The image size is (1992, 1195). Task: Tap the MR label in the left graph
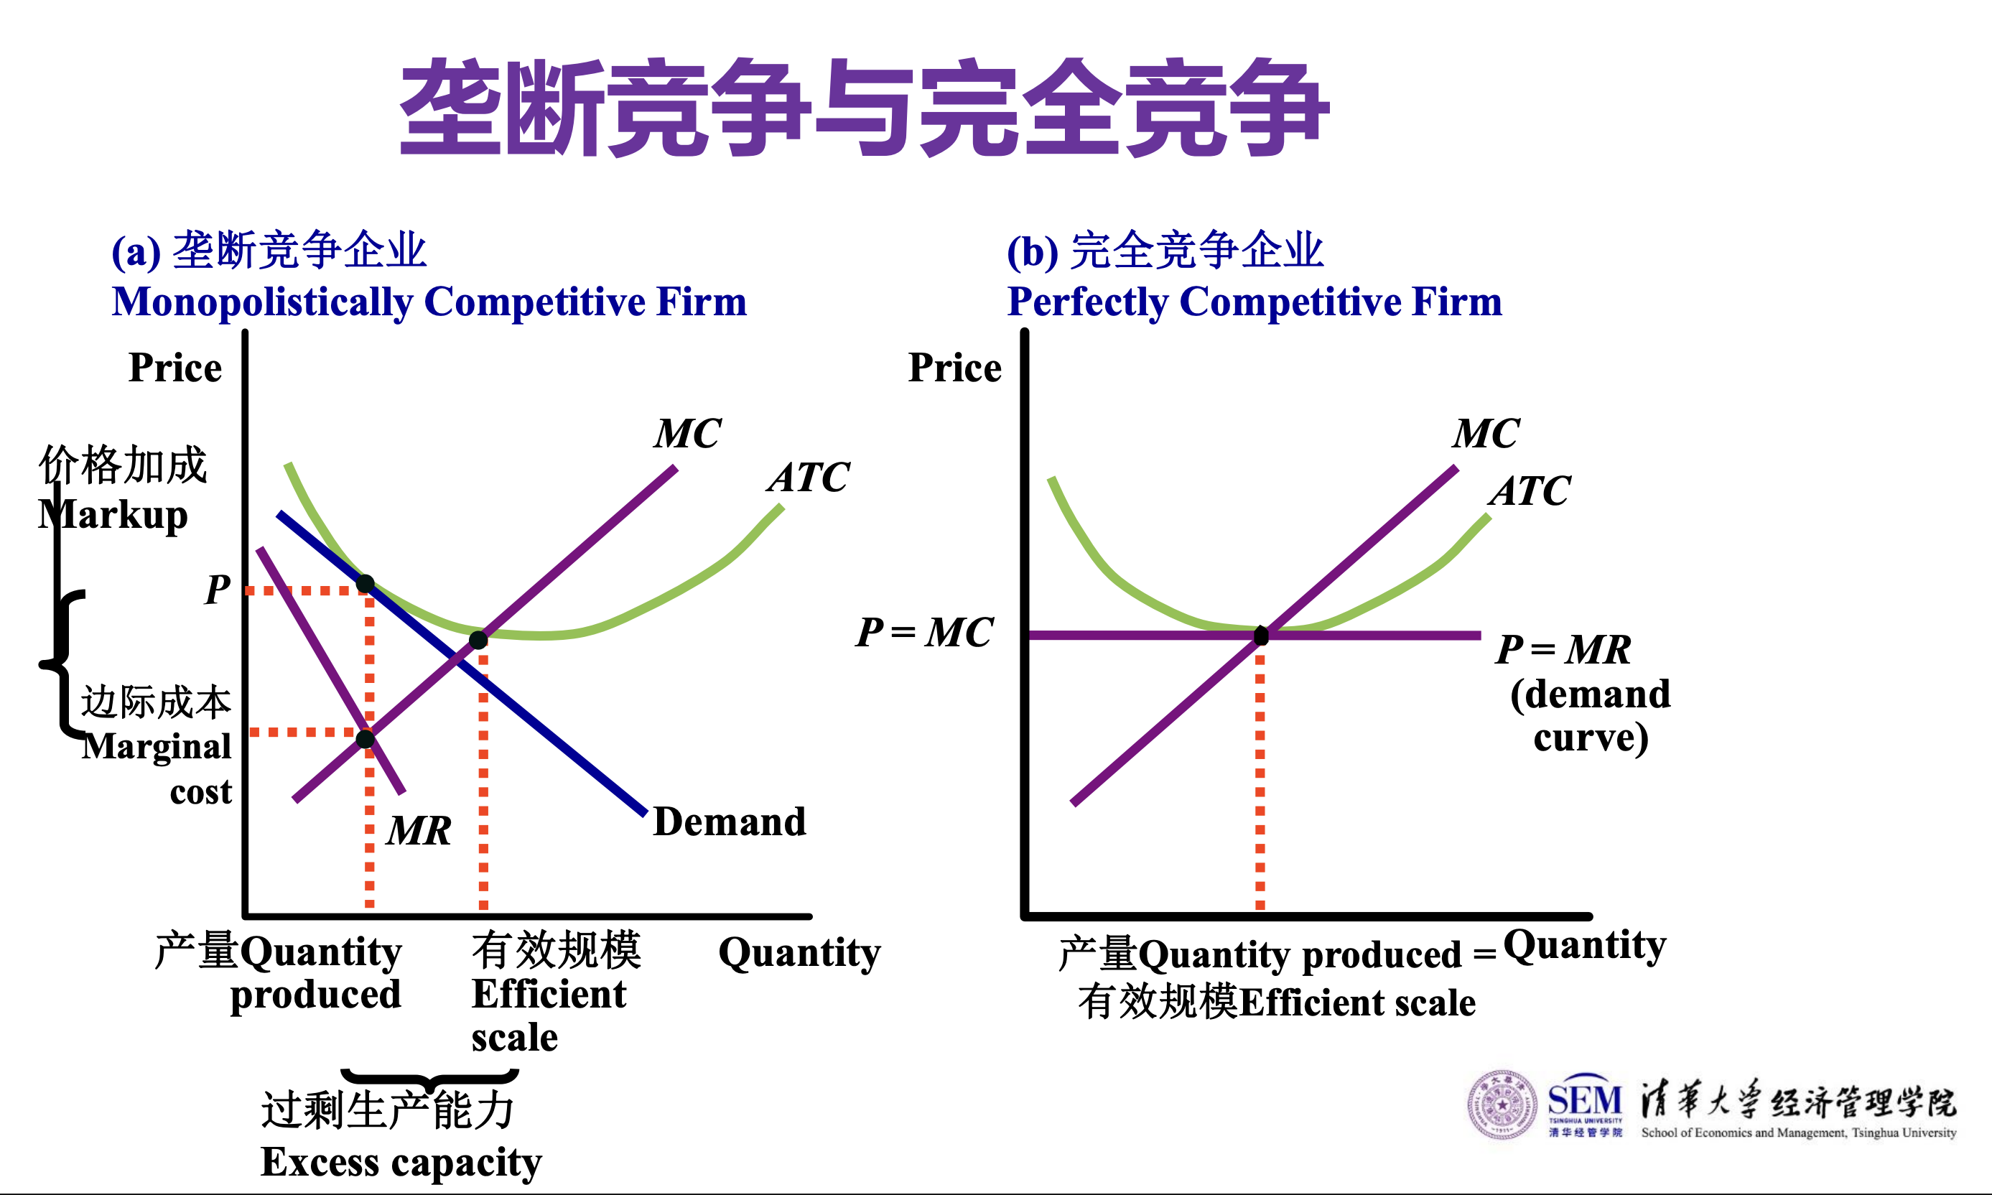pos(419,830)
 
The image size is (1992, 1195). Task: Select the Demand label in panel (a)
pos(730,822)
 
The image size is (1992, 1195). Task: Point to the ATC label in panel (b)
pos(1530,490)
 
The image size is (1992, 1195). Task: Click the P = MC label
pos(924,632)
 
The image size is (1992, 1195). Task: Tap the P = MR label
pos(1563,649)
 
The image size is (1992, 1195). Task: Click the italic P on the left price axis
pos(218,589)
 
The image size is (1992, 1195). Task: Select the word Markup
pos(113,516)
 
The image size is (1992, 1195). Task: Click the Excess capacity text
pos(401,1163)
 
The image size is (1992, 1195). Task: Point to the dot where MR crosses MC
pos(366,738)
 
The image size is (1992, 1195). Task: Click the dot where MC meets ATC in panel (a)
pos(478,640)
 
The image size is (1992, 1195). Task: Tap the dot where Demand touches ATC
pos(366,583)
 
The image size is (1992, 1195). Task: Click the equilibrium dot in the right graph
pos(1261,636)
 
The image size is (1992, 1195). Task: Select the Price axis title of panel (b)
pos(955,367)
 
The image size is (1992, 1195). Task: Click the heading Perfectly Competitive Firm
pos(1255,302)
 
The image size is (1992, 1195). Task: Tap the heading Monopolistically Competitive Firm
pos(429,302)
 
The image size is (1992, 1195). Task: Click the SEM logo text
pos(1585,1099)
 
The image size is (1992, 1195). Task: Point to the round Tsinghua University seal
pos(1502,1105)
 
